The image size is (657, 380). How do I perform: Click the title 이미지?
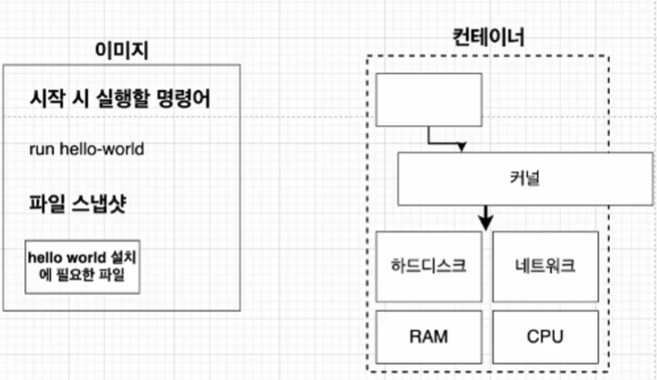pos(122,51)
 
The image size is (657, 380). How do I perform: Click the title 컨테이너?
pos(487,37)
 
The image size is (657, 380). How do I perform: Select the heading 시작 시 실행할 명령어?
pos(121,98)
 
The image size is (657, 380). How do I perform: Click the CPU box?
pos(545,336)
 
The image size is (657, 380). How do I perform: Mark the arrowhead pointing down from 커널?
pos(486,221)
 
